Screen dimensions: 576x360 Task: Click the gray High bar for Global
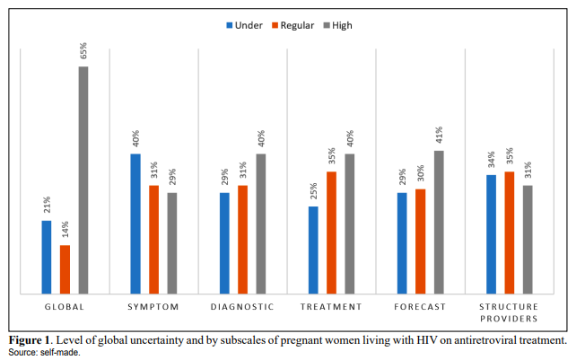[83, 180]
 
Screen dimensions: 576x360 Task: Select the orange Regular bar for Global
[65, 269]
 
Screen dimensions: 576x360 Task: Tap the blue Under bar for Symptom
[135, 224]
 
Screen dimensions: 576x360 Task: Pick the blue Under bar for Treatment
[313, 250]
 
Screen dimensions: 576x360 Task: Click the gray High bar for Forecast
[439, 222]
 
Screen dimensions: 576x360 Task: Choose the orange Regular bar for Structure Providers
[510, 233]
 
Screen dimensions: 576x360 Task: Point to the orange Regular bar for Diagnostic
[242, 240]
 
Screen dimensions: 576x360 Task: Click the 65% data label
[83, 50]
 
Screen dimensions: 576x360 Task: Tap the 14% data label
[65, 229]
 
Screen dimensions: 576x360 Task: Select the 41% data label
[439, 135]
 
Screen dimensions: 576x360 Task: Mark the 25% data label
[313, 191]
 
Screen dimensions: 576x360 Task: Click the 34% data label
[491, 159]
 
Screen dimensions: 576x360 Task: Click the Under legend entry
[245, 25]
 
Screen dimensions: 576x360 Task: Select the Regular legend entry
[292, 25]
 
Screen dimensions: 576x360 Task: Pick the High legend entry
[337, 25]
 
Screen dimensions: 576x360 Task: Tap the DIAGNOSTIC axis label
[242, 307]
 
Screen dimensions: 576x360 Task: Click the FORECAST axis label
[420, 307]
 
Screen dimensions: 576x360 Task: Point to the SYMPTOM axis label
[153, 307]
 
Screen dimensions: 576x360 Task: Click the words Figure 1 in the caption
[29, 339]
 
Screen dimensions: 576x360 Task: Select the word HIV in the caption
[427, 339]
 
